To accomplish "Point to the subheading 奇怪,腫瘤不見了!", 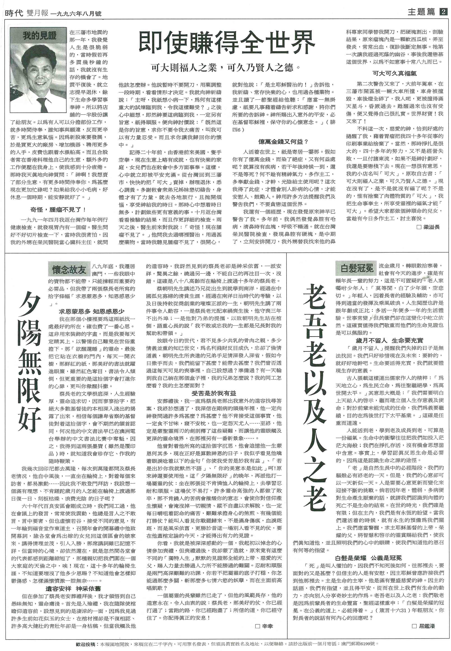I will pyautogui.click(x=58, y=210).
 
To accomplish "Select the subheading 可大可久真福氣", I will pyautogui.click(x=394, y=74).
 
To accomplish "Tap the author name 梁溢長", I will pyautogui.click(x=431, y=227).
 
